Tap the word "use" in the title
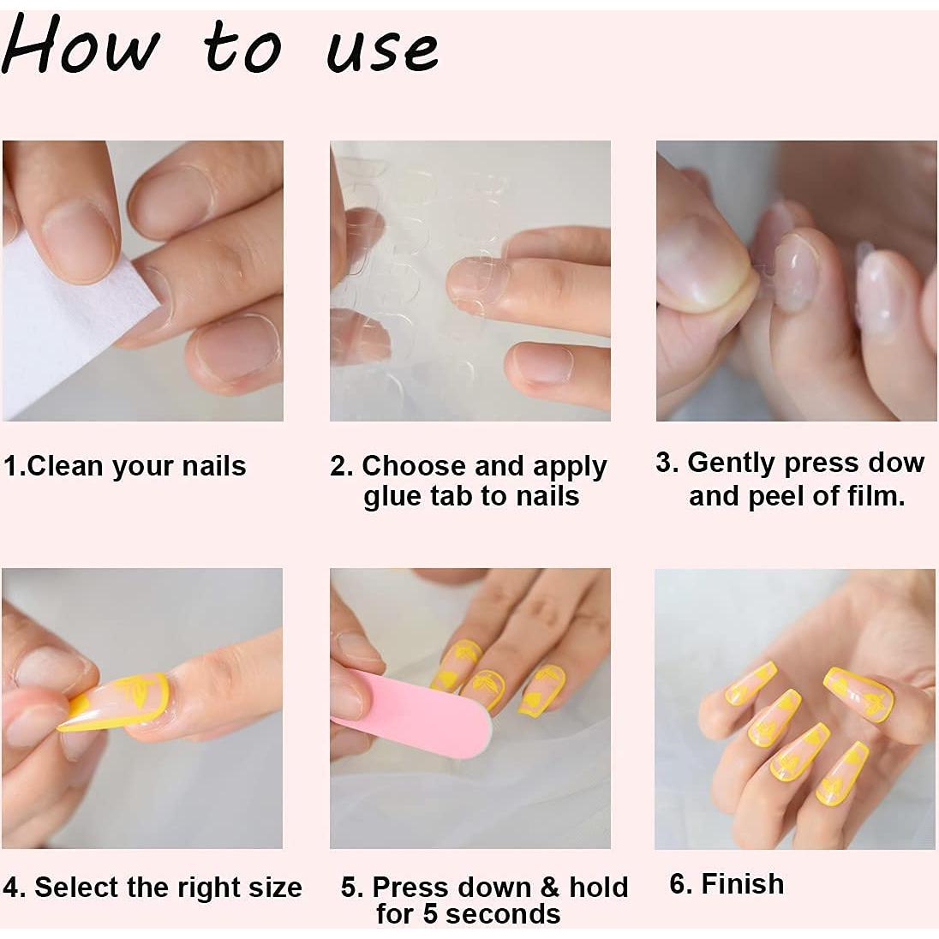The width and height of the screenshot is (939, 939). pyautogui.click(x=383, y=49)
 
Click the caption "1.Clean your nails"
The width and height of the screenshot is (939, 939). pyautogui.click(x=124, y=466)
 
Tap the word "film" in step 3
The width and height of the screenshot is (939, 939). pyautogui.click(x=875, y=496)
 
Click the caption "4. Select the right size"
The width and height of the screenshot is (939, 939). pyautogui.click(x=153, y=887)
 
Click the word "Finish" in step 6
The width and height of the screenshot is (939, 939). pyautogui.click(x=742, y=883)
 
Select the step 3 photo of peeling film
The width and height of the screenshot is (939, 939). pyautogui.click(x=795, y=281)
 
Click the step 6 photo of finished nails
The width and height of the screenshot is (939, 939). pyautogui.click(x=794, y=709)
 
